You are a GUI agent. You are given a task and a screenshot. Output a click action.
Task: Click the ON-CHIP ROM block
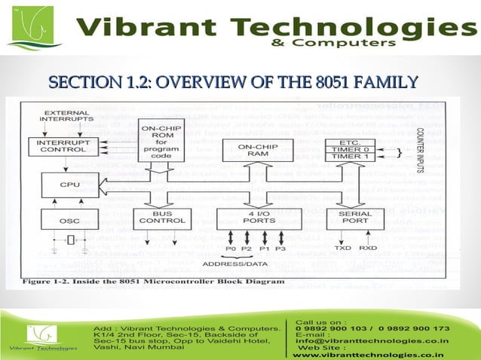pyautogui.click(x=161, y=140)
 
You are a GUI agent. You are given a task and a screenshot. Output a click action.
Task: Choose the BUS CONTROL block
pyautogui.click(x=161, y=219)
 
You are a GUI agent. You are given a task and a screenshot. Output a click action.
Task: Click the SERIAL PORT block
pyautogui.click(x=354, y=219)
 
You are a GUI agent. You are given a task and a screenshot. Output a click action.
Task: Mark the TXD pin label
pyautogui.click(x=342, y=247)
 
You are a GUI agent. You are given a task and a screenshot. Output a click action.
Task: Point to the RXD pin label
pyautogui.click(x=368, y=247)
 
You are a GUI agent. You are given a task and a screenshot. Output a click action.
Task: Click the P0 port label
pyautogui.click(x=230, y=248)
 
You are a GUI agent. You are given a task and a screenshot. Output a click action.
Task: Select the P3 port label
pyautogui.click(x=280, y=248)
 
